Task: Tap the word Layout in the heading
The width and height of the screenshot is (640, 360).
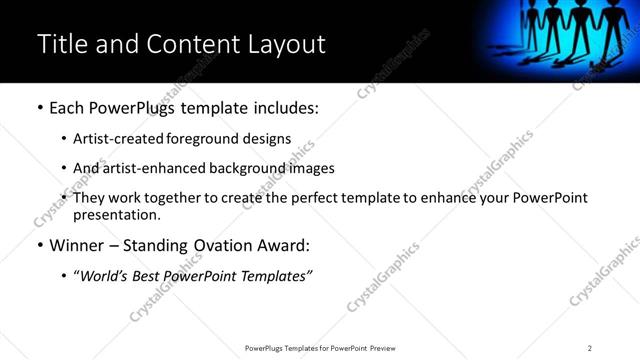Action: [x=285, y=44]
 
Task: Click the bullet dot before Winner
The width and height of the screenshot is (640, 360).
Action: [x=39, y=245]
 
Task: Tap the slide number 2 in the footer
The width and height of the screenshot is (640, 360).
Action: [x=590, y=348]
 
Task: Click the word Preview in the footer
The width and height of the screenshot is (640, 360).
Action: [x=382, y=348]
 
